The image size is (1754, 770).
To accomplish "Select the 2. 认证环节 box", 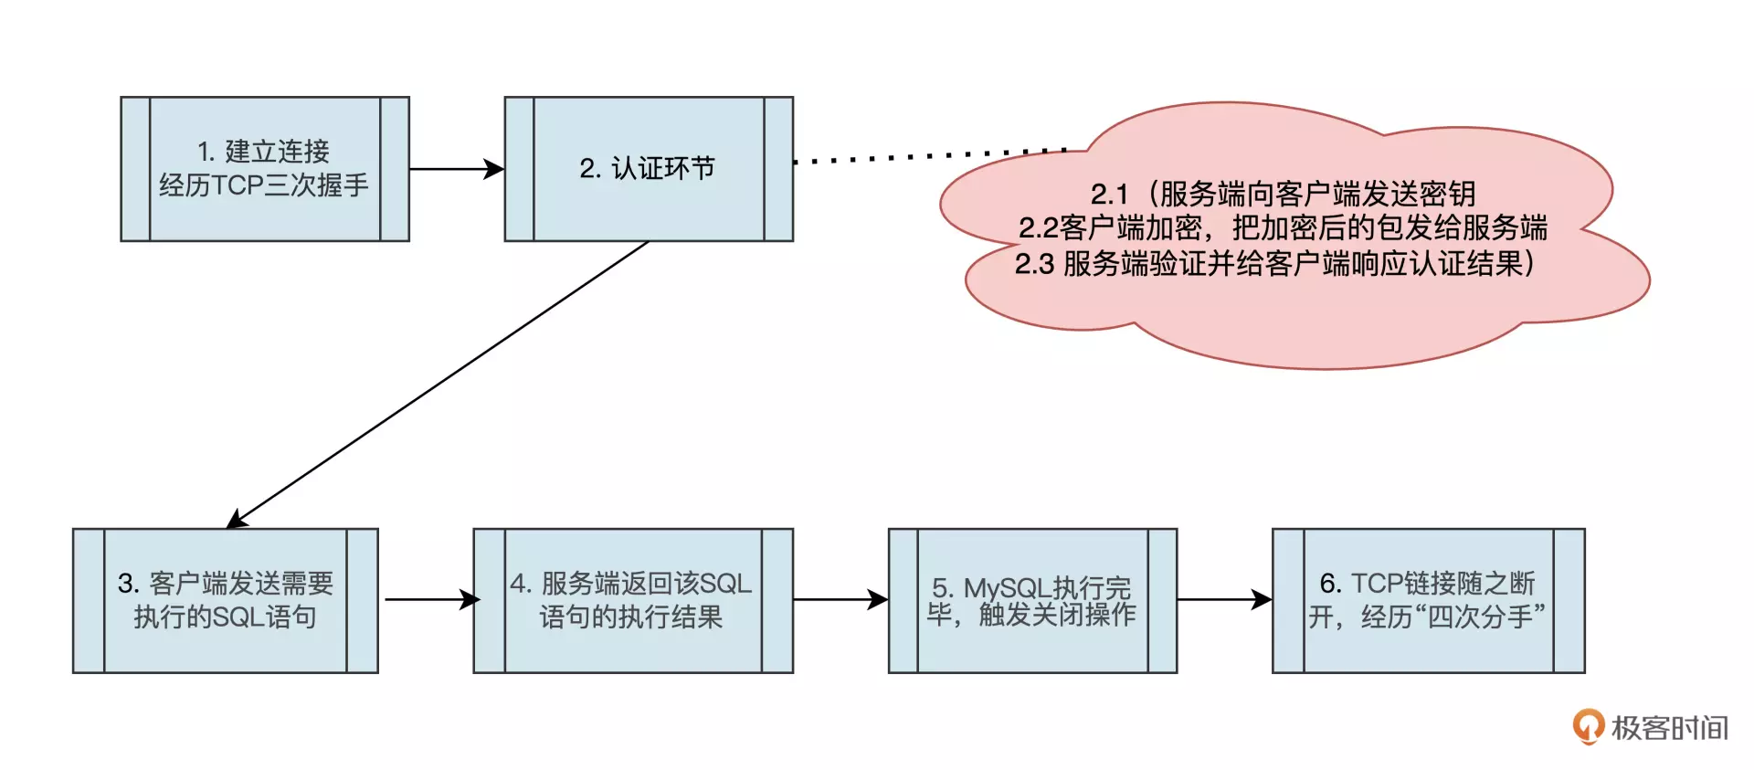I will (x=649, y=168).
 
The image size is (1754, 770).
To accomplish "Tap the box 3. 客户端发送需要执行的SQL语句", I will (x=226, y=600).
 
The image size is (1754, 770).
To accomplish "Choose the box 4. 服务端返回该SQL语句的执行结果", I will (x=632, y=600).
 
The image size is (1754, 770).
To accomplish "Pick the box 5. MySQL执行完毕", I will (x=1032, y=600).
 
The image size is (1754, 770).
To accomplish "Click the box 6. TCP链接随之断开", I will (x=1428, y=600).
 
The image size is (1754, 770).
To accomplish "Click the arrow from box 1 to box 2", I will (x=456, y=169).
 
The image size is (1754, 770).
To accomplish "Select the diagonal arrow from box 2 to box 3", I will (x=438, y=385).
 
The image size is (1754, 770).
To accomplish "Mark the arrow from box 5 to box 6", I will (x=1224, y=600).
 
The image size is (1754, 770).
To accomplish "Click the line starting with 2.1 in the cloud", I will (x=1283, y=194).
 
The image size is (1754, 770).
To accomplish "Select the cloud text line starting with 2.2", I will (x=1283, y=227).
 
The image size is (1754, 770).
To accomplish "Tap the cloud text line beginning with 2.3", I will (x=1275, y=263).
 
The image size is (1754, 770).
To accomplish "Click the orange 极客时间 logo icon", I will (x=1588, y=726).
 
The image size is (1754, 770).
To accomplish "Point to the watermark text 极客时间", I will (x=1669, y=728).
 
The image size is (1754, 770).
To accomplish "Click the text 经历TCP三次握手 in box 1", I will (x=264, y=185).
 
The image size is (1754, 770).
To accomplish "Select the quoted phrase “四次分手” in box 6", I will (x=1486, y=617).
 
